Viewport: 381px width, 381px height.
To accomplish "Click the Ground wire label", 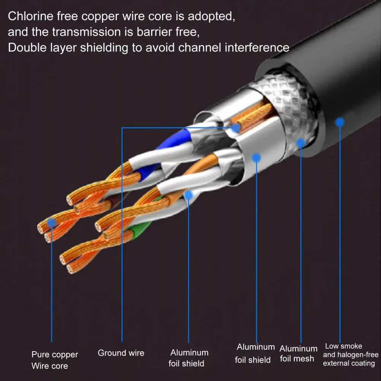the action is click(x=121, y=353).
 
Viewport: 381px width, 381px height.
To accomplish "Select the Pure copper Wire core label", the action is click(x=54, y=360).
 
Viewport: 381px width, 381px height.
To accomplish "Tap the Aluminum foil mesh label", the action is click(x=298, y=354).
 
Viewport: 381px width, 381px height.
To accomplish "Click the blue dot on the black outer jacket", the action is click(x=340, y=122).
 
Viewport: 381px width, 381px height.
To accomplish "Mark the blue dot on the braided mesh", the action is click(x=301, y=143).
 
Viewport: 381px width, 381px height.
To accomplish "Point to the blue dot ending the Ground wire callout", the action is click(x=236, y=128).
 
